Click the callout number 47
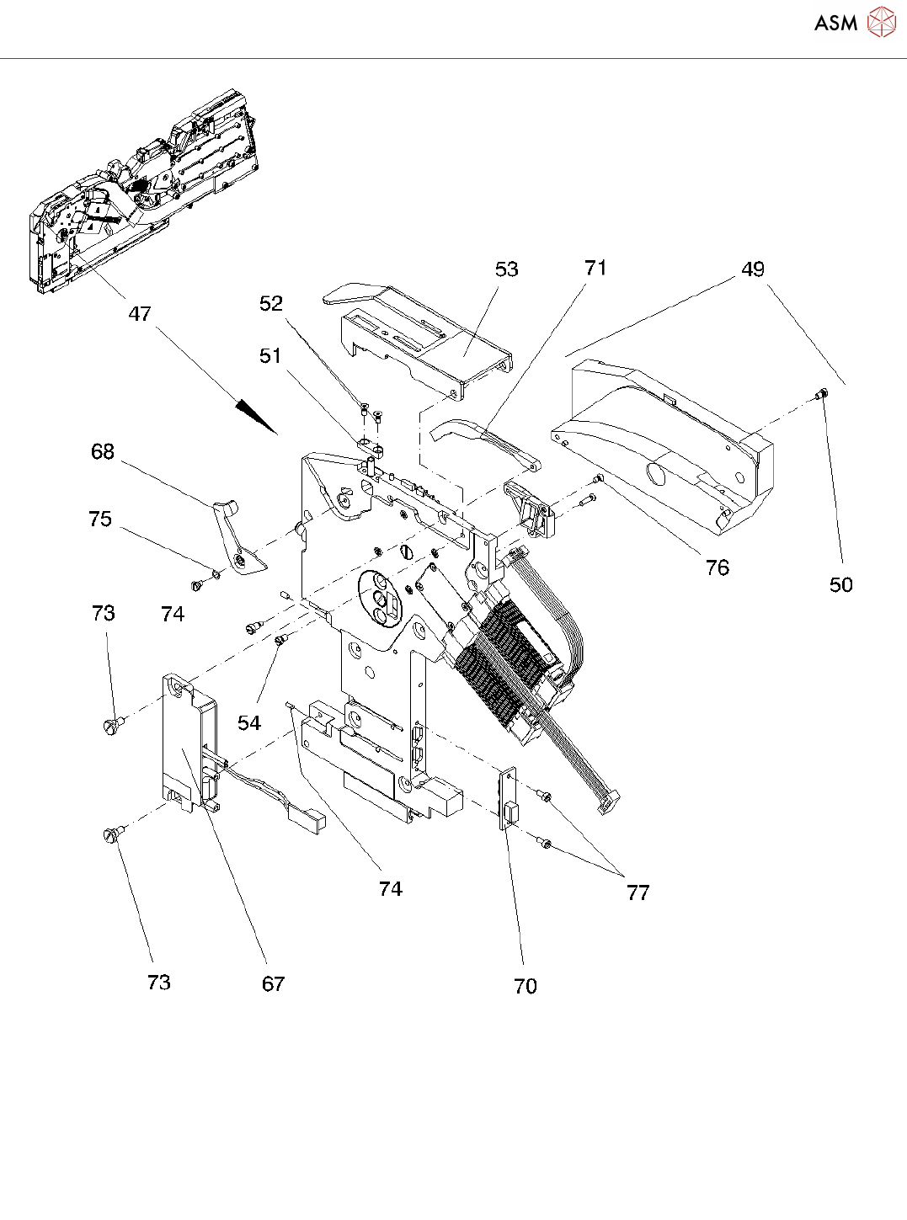click(x=139, y=314)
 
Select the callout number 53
click(x=506, y=269)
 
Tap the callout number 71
click(x=595, y=268)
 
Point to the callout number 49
click(x=753, y=269)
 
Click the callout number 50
click(x=841, y=584)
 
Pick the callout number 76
click(x=718, y=567)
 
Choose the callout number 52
click(x=271, y=304)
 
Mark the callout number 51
click(x=270, y=356)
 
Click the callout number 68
click(x=103, y=451)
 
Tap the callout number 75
click(x=100, y=519)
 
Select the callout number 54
click(x=249, y=722)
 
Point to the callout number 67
click(x=273, y=984)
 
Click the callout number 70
click(x=525, y=986)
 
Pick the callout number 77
click(x=638, y=893)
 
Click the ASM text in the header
click(x=835, y=23)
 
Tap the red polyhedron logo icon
click(x=882, y=22)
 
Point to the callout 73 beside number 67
click(x=159, y=983)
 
